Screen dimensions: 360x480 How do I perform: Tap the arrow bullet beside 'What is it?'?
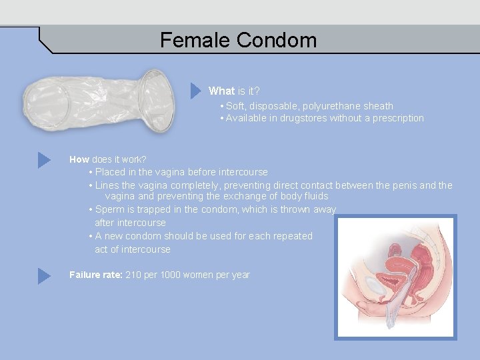point(195,90)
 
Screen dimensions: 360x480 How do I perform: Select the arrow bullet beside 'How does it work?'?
point(44,160)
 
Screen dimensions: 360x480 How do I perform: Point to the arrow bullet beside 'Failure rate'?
point(44,275)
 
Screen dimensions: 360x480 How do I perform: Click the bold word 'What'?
point(221,91)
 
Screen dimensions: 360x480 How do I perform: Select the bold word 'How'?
point(79,159)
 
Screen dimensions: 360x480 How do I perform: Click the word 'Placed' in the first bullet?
point(110,172)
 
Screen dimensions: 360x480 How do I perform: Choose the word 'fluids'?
point(314,196)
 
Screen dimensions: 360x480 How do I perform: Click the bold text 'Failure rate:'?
point(95,275)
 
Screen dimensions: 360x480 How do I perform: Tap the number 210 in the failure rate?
point(134,275)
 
